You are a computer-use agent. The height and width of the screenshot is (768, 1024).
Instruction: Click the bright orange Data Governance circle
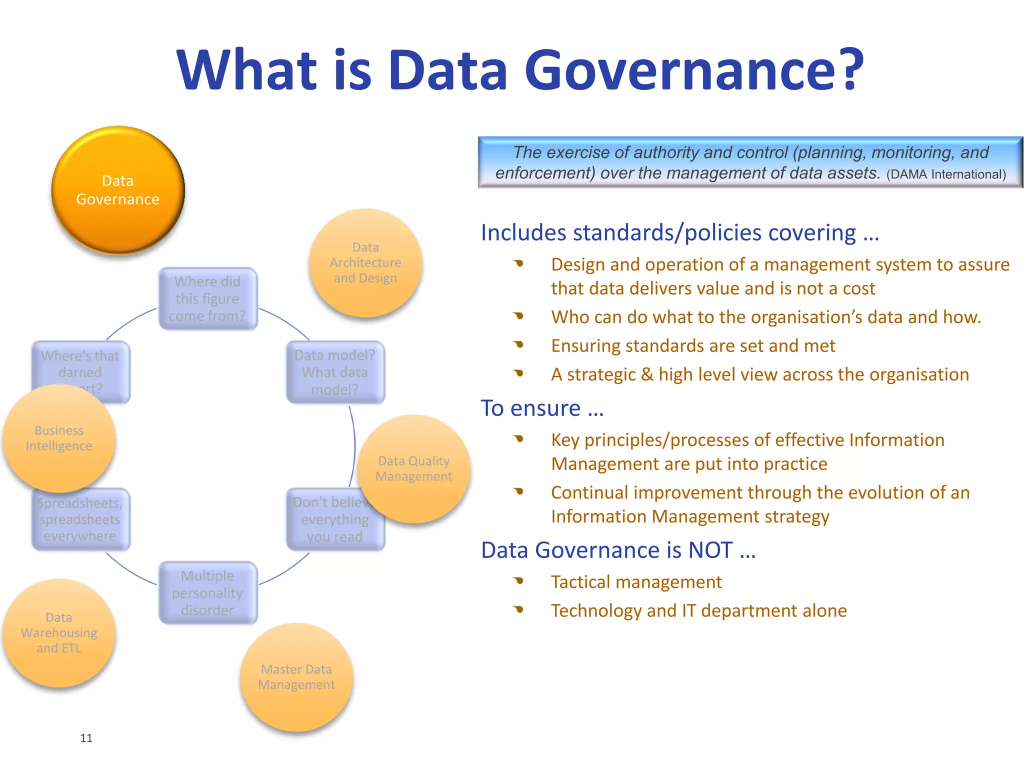coord(118,190)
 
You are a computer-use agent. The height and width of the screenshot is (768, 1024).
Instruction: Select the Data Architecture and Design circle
coord(365,263)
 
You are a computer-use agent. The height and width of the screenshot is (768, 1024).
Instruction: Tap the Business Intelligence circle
coord(59,438)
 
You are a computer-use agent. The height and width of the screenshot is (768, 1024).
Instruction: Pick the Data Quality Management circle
coord(414,468)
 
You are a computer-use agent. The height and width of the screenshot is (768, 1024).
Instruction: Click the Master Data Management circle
coord(296,677)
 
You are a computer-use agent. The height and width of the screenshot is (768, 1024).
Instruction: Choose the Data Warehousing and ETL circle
coord(59,633)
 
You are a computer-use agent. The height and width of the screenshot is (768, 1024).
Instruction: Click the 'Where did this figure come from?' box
coord(207,299)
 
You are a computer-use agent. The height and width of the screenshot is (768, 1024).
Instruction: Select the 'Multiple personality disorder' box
coord(207,593)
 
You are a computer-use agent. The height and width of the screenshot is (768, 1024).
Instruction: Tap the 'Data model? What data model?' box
coord(335,372)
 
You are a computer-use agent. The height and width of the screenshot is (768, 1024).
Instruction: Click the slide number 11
coord(86,738)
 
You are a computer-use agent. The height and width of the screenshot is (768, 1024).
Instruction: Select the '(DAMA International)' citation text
coord(946,174)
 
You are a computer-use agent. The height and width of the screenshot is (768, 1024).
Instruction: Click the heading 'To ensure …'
coord(542,408)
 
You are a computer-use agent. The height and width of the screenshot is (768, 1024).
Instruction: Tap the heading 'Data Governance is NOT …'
coord(618,550)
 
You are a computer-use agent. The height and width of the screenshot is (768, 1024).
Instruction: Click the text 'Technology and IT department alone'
coord(698,610)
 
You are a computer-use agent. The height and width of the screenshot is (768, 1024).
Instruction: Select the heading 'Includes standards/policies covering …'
coord(679,232)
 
